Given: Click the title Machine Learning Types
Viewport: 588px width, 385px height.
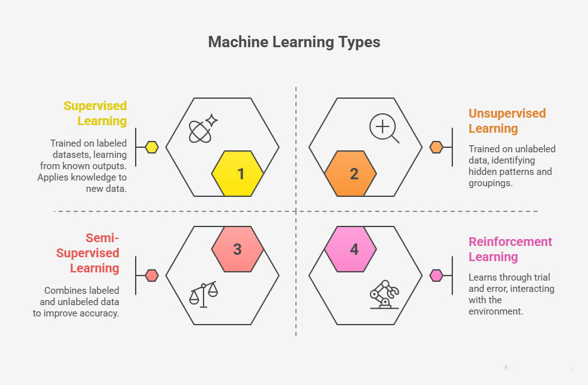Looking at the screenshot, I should (x=294, y=42).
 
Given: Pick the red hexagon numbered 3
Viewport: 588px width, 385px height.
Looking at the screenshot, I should (x=237, y=249).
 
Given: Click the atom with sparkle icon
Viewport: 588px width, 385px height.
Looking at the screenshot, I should (x=202, y=129).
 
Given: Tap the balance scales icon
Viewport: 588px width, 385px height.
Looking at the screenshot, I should (x=203, y=293).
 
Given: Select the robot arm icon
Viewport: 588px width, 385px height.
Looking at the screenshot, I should (x=384, y=294).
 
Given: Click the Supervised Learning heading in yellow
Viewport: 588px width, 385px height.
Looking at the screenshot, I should (x=95, y=113).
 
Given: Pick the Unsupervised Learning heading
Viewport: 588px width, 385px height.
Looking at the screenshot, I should (x=507, y=121).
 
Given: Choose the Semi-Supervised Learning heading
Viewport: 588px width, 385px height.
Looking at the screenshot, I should (x=87, y=253).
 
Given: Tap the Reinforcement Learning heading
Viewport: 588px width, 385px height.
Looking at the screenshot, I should (x=510, y=249).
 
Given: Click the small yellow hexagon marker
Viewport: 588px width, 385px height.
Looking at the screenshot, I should (x=151, y=147).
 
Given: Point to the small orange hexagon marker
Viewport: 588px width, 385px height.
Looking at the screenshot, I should (x=436, y=147).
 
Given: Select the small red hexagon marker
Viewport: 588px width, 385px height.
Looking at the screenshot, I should (x=151, y=275).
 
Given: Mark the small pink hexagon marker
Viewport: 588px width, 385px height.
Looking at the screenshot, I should (x=436, y=275).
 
